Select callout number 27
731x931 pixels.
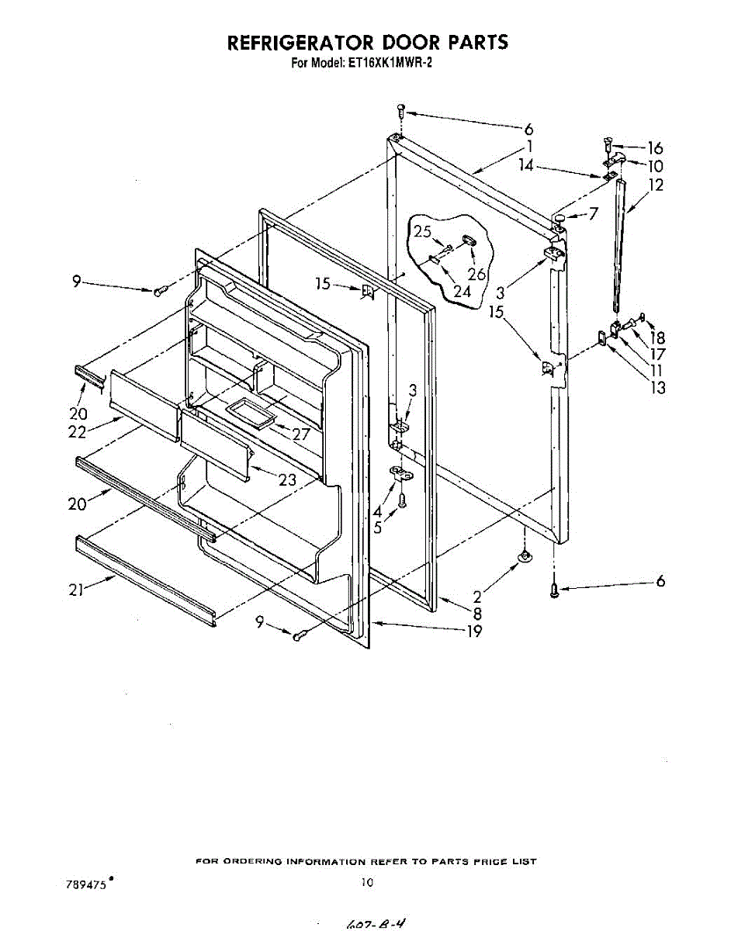tap(299, 434)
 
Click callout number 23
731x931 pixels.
tap(287, 480)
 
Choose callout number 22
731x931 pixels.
tap(76, 433)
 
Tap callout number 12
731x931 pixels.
tap(657, 185)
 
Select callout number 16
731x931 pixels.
tap(655, 148)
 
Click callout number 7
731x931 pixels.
tap(594, 213)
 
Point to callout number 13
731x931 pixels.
tap(657, 387)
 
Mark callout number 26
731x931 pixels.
tap(476, 273)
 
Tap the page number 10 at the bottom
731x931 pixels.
tap(367, 882)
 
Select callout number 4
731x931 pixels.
tap(377, 511)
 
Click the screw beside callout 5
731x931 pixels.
tap(402, 501)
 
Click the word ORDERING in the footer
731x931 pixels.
tap(252, 861)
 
